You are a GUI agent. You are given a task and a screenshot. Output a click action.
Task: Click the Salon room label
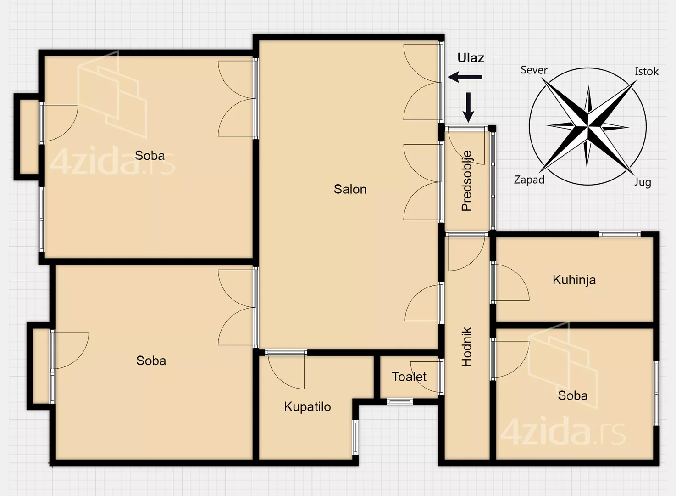(x=350, y=189)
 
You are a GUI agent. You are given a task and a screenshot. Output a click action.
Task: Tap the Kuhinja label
(x=574, y=280)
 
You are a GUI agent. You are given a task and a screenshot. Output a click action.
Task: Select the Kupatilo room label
(x=307, y=407)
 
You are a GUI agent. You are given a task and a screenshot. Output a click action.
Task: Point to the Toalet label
(x=409, y=377)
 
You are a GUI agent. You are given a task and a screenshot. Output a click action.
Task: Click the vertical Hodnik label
(x=466, y=347)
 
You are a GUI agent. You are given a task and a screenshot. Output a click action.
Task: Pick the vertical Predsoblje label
(x=467, y=181)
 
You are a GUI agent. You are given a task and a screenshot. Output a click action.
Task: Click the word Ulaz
(x=471, y=58)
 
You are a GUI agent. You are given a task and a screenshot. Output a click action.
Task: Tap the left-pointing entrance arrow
(x=465, y=77)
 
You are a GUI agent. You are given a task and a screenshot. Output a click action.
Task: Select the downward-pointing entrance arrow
(x=468, y=107)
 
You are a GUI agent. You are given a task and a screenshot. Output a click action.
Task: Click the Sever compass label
(x=534, y=70)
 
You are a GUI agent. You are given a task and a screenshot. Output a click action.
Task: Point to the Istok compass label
(x=647, y=71)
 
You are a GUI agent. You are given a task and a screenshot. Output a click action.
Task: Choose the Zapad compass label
(x=529, y=180)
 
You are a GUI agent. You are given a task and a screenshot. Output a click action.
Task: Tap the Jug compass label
(x=643, y=182)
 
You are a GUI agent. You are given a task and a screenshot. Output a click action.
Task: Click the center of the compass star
(x=588, y=125)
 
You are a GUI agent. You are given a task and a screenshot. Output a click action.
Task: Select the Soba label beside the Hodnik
(x=573, y=395)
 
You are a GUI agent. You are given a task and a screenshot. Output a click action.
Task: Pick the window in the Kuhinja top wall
(x=620, y=234)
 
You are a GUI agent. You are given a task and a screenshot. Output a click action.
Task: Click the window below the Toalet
(x=400, y=401)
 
